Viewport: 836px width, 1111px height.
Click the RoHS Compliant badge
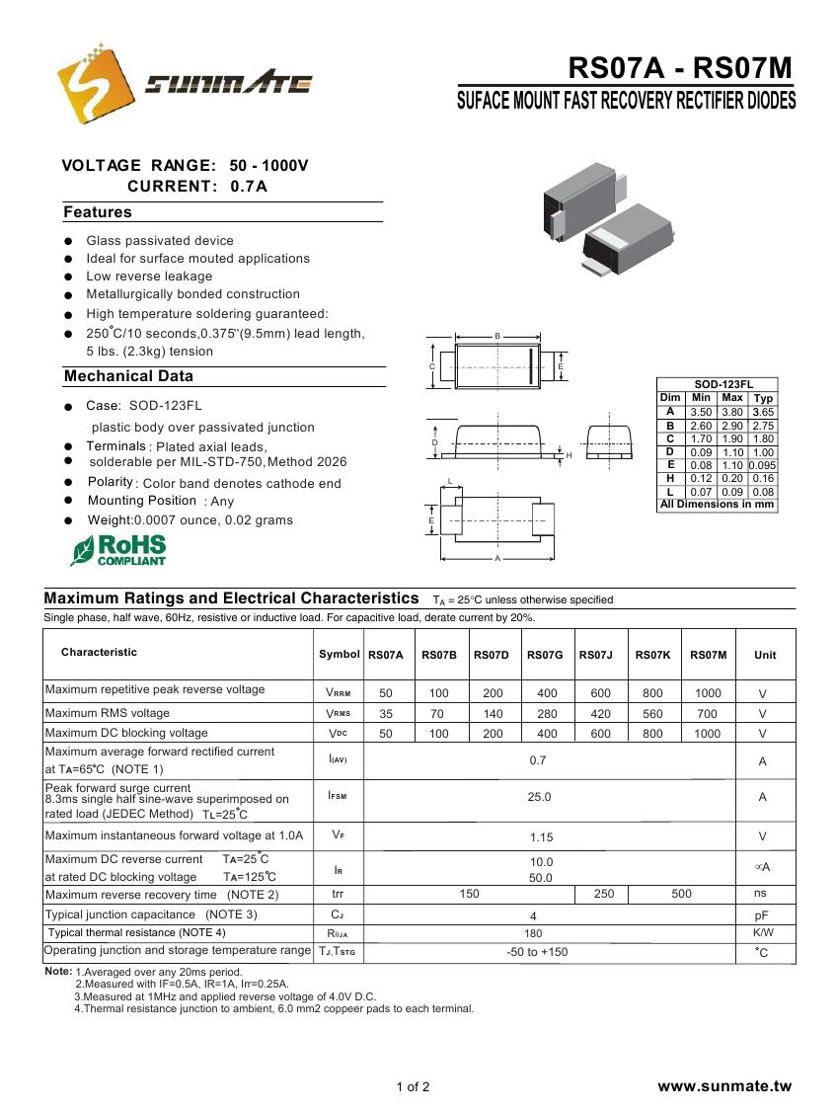point(118,550)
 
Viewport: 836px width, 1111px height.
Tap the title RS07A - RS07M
point(680,68)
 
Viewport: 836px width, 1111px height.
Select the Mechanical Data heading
point(128,376)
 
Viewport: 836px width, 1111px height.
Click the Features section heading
point(97,212)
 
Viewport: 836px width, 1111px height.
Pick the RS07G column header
point(545,655)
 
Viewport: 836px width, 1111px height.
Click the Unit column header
point(765,655)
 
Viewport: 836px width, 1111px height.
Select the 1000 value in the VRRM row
point(708,693)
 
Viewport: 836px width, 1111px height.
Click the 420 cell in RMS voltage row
point(600,713)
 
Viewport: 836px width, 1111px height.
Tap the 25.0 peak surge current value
point(540,797)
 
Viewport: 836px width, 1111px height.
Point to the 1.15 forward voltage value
point(541,837)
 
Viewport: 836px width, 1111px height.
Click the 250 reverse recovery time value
point(604,894)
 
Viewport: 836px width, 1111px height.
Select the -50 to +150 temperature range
point(537,952)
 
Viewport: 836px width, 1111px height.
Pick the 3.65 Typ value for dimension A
point(763,412)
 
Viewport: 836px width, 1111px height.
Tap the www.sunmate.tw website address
point(724,1086)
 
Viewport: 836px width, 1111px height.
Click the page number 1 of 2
point(413,1087)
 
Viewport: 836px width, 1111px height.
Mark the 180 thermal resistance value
point(533,933)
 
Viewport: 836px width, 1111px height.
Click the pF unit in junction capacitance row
point(761,915)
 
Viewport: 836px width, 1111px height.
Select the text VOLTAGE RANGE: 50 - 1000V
point(186,165)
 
